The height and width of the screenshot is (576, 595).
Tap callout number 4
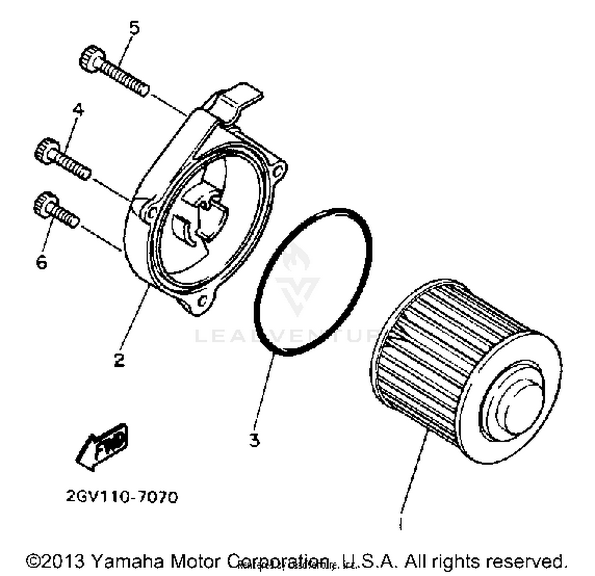click(78, 110)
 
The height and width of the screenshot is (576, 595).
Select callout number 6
click(41, 262)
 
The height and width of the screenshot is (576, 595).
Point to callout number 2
click(119, 359)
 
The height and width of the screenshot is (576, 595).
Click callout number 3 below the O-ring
click(254, 439)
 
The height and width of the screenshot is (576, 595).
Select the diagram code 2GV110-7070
click(122, 496)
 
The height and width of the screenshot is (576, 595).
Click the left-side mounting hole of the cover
click(150, 214)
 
